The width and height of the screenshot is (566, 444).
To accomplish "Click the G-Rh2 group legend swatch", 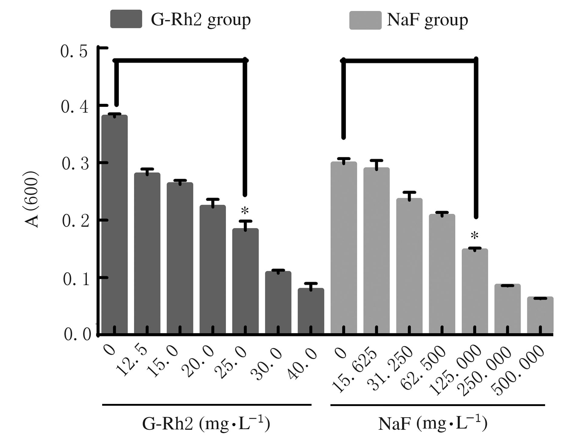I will (126, 19).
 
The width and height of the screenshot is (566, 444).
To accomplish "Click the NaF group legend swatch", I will (365, 20).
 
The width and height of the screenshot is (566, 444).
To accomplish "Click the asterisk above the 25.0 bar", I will (245, 211).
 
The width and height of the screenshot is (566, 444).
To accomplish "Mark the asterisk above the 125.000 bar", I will (474, 236).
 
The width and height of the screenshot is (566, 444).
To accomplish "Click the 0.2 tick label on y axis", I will (75, 221).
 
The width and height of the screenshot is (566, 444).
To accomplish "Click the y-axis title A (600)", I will (32, 199).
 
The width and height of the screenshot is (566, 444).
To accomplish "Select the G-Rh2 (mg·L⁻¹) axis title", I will (206, 424).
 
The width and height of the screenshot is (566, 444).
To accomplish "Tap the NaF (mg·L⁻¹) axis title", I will (433, 424).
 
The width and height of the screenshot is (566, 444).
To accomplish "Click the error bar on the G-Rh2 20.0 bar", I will (213, 202).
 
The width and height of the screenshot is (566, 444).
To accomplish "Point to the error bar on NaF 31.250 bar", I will (409, 195).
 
